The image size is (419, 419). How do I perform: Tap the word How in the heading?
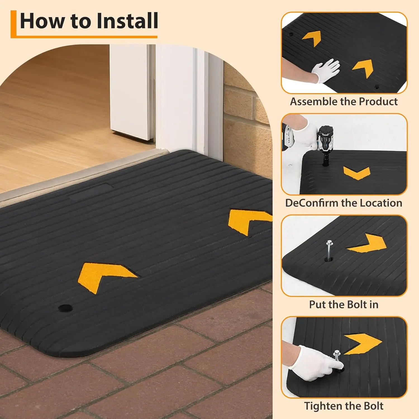click(42, 21)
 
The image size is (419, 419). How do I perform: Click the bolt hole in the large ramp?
click(65, 308)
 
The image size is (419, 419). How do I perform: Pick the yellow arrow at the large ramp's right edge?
click(247, 219)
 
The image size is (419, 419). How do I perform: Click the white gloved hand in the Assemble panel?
click(325, 70)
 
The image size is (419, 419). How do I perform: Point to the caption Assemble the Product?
click(344, 102)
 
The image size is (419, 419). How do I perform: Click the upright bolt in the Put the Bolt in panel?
click(330, 250)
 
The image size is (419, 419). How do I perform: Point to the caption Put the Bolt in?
click(344, 304)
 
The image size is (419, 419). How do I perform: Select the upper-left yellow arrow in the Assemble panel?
click(312, 38)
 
